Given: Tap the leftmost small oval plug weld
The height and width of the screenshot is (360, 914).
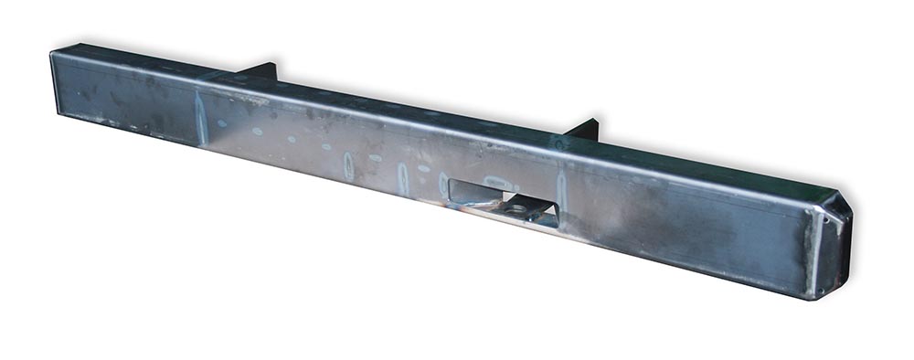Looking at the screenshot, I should [x=221, y=123].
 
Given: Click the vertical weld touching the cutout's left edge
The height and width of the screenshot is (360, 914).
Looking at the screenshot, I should [x=443, y=183].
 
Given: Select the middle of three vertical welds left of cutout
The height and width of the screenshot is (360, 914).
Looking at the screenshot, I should [x=402, y=176].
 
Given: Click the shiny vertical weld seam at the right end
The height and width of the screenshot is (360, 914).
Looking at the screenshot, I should [x=810, y=251].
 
